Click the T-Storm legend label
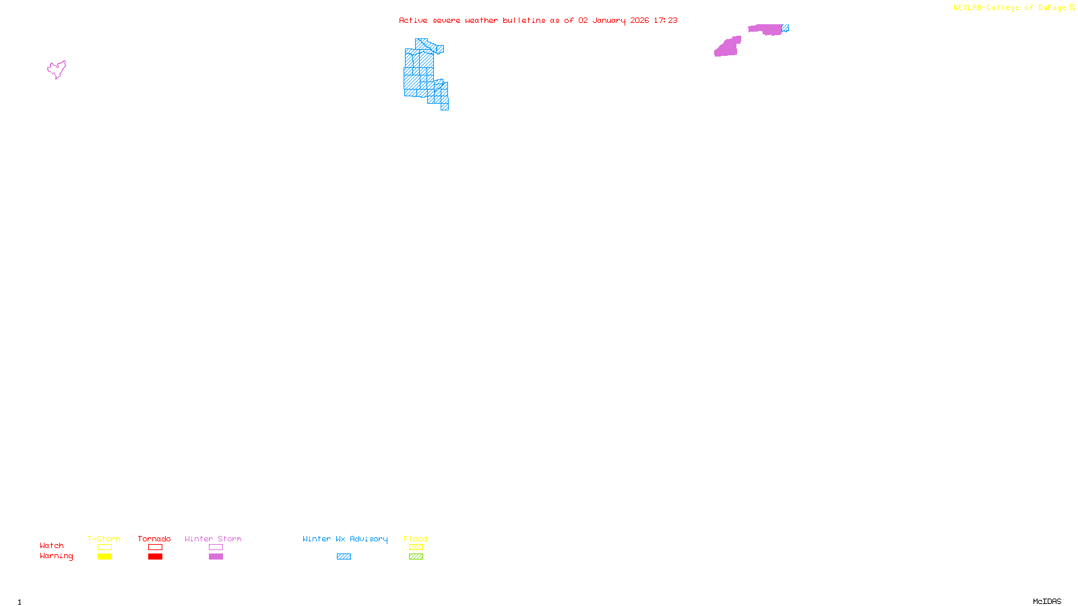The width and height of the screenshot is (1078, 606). (x=104, y=539)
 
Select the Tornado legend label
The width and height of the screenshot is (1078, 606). (x=154, y=539)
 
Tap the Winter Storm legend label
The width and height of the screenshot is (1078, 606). (x=213, y=539)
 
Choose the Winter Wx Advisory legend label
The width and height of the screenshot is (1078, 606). (x=345, y=539)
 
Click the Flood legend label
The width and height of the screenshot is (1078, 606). (x=416, y=539)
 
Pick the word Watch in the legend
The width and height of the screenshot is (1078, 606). (x=52, y=545)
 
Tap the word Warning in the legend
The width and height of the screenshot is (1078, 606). (x=57, y=556)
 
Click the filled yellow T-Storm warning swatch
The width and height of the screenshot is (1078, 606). (x=104, y=557)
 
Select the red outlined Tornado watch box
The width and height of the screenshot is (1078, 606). (x=155, y=547)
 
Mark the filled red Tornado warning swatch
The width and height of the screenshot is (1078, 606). (x=155, y=557)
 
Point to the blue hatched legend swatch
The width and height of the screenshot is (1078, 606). (x=344, y=557)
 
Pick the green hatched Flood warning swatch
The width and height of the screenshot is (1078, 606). (x=416, y=557)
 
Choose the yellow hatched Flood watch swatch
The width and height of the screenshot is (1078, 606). (x=416, y=547)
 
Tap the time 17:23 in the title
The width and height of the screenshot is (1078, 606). (x=666, y=20)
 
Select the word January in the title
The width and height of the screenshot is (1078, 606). (x=609, y=20)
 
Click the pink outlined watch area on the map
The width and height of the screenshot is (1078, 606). (x=57, y=69)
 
